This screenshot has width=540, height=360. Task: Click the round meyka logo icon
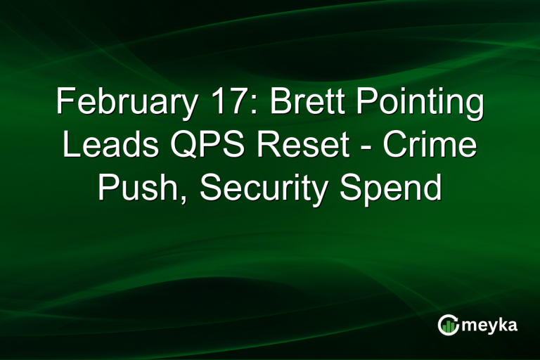coord(449,325)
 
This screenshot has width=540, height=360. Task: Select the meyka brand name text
coord(490,326)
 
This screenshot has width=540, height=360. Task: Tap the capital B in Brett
coord(279,104)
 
